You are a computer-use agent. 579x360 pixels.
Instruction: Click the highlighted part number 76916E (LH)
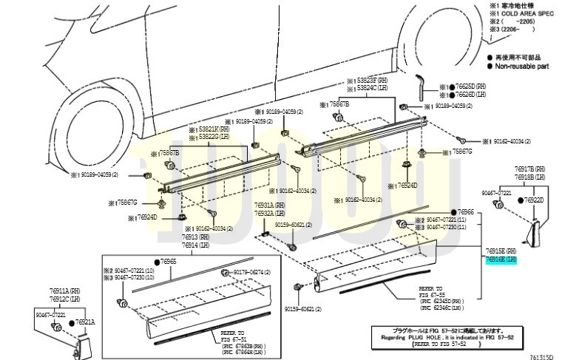pos(502,259)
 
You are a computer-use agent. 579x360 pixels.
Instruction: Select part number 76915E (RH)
pos(502,251)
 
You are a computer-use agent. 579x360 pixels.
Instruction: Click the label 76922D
pos(535,200)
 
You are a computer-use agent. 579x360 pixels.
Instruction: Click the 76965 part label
pos(169,262)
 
